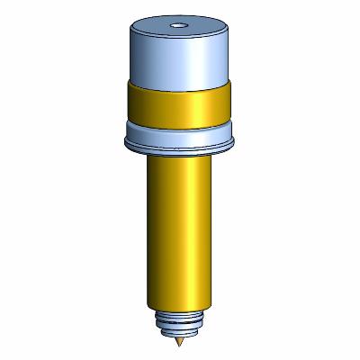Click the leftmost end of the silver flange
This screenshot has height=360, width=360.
(121, 137)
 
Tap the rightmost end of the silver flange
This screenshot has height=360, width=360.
(235, 137)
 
